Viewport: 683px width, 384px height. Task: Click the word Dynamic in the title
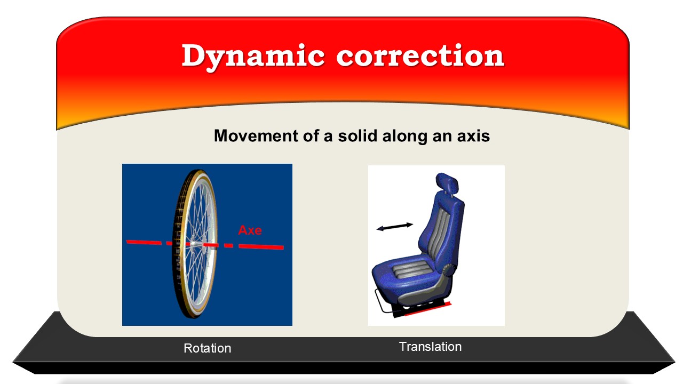click(253, 57)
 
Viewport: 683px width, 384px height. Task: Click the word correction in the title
click(420, 55)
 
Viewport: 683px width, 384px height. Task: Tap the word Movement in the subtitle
click(256, 135)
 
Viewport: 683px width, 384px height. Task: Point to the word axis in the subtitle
click(473, 136)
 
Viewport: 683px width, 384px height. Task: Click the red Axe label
click(250, 230)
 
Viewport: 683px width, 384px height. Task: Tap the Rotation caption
click(208, 348)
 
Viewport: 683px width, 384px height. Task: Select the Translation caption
click(430, 347)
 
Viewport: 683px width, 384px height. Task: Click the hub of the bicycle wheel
click(193, 244)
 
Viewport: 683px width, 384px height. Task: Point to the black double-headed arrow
click(395, 227)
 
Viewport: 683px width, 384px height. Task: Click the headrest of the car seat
click(447, 183)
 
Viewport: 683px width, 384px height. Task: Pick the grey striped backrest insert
click(439, 235)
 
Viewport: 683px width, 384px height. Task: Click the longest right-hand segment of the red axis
click(261, 246)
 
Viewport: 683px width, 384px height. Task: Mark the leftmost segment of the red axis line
click(144, 242)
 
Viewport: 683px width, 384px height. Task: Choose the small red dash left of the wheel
click(169, 244)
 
